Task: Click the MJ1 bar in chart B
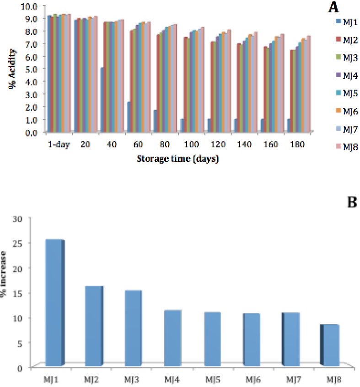[55, 302]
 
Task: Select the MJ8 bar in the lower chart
[330, 345]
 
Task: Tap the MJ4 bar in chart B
[173, 338]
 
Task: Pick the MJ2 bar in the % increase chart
[94, 326]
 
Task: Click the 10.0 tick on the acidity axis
[29, 6]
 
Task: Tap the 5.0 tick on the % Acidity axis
[32, 69]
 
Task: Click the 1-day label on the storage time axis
[59, 144]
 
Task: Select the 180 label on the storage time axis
[297, 144]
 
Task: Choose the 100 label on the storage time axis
[192, 144]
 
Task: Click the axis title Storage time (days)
[178, 159]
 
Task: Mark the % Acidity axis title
[12, 69]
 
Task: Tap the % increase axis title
[3, 274]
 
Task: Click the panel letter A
[333, 7]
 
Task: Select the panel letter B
[352, 202]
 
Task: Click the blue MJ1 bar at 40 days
[102, 99]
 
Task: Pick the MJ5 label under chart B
[213, 379]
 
